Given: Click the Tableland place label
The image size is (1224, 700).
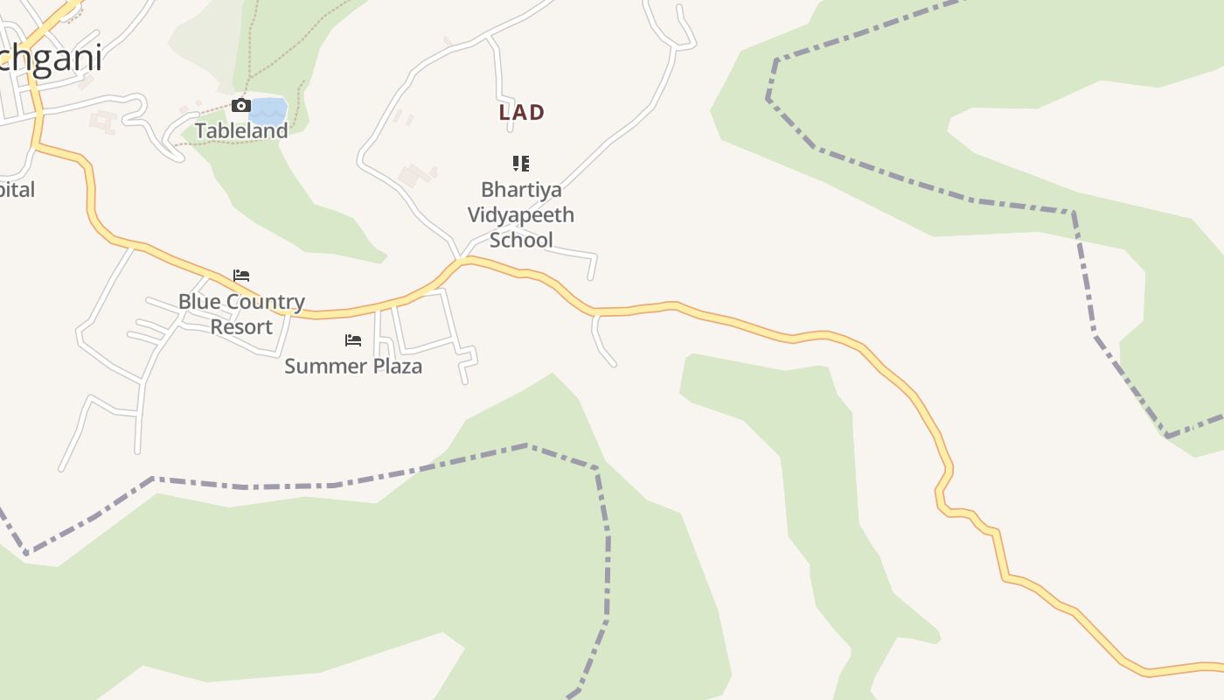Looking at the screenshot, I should [x=241, y=130].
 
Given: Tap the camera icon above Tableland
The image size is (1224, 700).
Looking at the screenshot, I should [x=240, y=106].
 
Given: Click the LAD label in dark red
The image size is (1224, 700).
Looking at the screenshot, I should [x=521, y=112].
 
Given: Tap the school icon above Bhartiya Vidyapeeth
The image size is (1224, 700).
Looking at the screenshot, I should [x=521, y=163].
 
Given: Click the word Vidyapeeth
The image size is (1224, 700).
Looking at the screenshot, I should [x=521, y=214].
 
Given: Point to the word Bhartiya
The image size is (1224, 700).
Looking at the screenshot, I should [x=521, y=190].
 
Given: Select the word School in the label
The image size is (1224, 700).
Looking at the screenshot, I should [x=521, y=240].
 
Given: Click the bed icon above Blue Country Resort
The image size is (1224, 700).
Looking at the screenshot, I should [x=241, y=276].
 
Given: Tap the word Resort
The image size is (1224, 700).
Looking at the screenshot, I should [x=241, y=326].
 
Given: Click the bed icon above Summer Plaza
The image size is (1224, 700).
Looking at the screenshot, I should [x=353, y=339].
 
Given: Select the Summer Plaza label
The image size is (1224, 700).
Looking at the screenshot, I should [x=353, y=366].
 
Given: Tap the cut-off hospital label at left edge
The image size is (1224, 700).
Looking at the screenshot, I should [x=17, y=189].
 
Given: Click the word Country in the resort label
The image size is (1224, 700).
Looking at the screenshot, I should [x=261, y=302].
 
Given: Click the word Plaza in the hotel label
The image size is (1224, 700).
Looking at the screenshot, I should [x=399, y=366].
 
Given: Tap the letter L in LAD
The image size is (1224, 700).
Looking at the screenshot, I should [x=504, y=112].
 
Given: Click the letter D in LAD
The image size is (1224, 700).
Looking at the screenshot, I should [x=538, y=112].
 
